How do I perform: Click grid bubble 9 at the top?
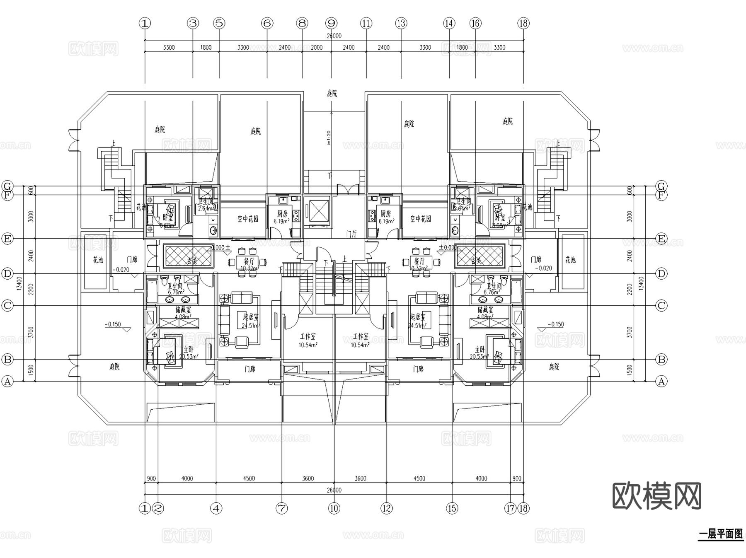pos(331,23)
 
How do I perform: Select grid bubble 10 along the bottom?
pos(334,508)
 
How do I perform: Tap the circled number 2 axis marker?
pos(158,508)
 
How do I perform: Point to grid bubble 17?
pos(510,508)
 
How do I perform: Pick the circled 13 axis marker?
pos(401,23)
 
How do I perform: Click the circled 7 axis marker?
pos(282,508)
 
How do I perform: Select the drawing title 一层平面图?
pos(721,534)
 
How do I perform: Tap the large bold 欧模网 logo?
pos(657,495)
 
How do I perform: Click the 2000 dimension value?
pos(317,48)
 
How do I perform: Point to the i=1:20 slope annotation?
pos(329,138)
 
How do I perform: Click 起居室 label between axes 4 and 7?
pos(251,317)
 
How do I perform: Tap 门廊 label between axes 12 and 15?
pos(419,369)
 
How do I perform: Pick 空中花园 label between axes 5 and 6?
pos(248,219)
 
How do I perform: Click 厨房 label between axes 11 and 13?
pos(385,214)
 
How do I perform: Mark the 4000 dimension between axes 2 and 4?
pos(187,478)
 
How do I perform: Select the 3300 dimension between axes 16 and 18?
pos(499,48)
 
